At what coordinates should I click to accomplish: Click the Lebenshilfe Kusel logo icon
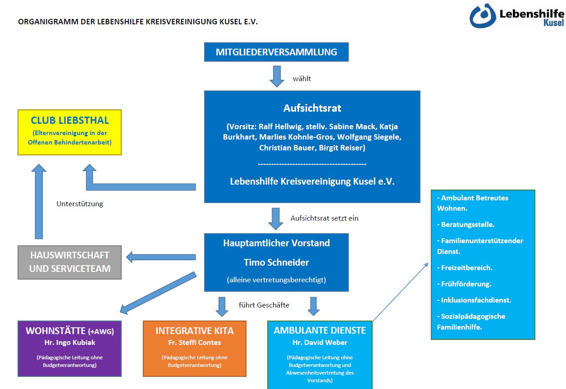click(x=483, y=16)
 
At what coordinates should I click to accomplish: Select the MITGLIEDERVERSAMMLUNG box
click(x=276, y=52)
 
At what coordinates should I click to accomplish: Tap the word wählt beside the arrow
click(x=302, y=79)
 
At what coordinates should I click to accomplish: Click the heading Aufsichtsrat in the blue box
click(x=312, y=108)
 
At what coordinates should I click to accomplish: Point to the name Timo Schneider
click(x=276, y=262)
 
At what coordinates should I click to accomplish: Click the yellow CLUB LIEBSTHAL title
click(x=70, y=121)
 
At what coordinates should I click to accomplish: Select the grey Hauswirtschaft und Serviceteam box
click(x=70, y=262)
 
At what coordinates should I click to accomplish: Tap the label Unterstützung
click(x=80, y=204)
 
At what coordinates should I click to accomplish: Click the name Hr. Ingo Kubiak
click(x=70, y=343)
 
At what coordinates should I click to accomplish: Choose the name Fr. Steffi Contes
click(x=195, y=343)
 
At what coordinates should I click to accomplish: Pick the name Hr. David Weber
click(x=320, y=343)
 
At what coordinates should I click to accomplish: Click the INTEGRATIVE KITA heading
click(x=195, y=331)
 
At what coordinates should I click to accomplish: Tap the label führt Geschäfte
click(x=264, y=305)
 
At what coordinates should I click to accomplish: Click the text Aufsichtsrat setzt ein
click(x=324, y=218)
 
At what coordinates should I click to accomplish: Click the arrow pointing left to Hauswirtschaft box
click(x=161, y=258)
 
